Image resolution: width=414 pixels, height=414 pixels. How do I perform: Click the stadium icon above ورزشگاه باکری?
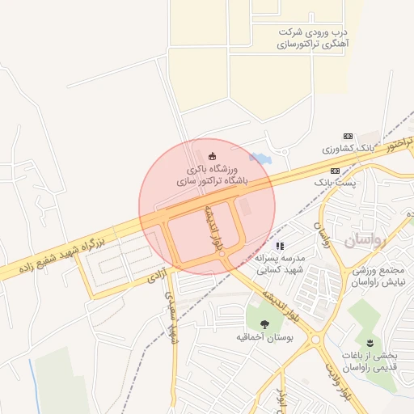[x=213, y=156]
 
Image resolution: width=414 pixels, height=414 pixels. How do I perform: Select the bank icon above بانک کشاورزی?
[x=348, y=136]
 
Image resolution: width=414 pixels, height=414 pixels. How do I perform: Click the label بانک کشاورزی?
[x=349, y=150]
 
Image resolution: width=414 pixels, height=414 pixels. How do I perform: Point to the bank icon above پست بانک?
[x=335, y=171]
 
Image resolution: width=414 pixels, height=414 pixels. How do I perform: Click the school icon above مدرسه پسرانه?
[x=280, y=245]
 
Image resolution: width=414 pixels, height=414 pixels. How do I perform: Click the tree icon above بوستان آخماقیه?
[x=265, y=323]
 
